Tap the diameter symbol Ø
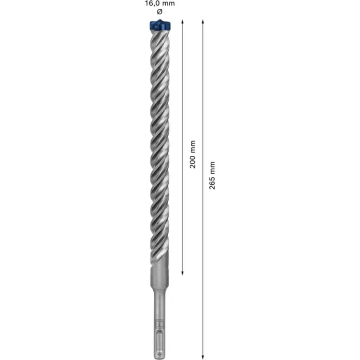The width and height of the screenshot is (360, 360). point(159,11)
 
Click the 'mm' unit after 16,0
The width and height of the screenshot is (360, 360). point(169,4)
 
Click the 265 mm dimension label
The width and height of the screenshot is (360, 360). point(212,175)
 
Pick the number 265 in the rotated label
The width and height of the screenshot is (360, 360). point(212,182)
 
